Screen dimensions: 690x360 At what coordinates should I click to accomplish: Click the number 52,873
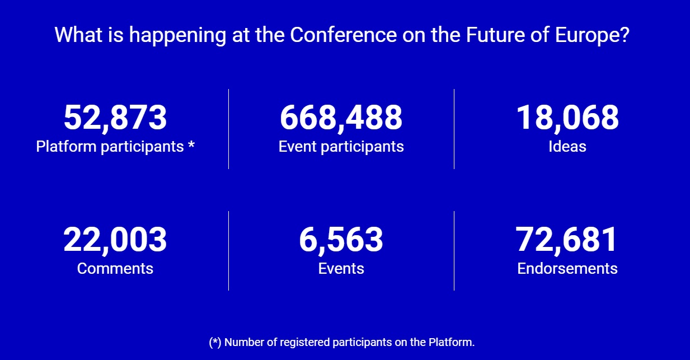115,118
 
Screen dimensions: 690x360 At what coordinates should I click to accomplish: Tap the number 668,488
341,118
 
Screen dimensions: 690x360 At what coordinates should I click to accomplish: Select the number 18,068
567,118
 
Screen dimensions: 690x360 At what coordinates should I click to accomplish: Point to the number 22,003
115,240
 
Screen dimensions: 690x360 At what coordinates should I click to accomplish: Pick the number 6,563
341,240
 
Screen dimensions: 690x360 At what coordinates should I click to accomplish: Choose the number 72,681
566,240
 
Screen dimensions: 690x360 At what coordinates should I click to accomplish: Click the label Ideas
567,146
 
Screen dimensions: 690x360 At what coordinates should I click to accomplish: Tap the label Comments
115,268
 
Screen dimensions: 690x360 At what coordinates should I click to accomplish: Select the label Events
341,268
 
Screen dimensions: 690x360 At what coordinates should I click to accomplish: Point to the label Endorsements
567,268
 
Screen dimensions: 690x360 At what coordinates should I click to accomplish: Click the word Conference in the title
344,35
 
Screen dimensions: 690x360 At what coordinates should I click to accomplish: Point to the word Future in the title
495,35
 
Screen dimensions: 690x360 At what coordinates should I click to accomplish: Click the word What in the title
78,35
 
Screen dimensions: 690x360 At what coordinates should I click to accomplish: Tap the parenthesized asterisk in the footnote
215,343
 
